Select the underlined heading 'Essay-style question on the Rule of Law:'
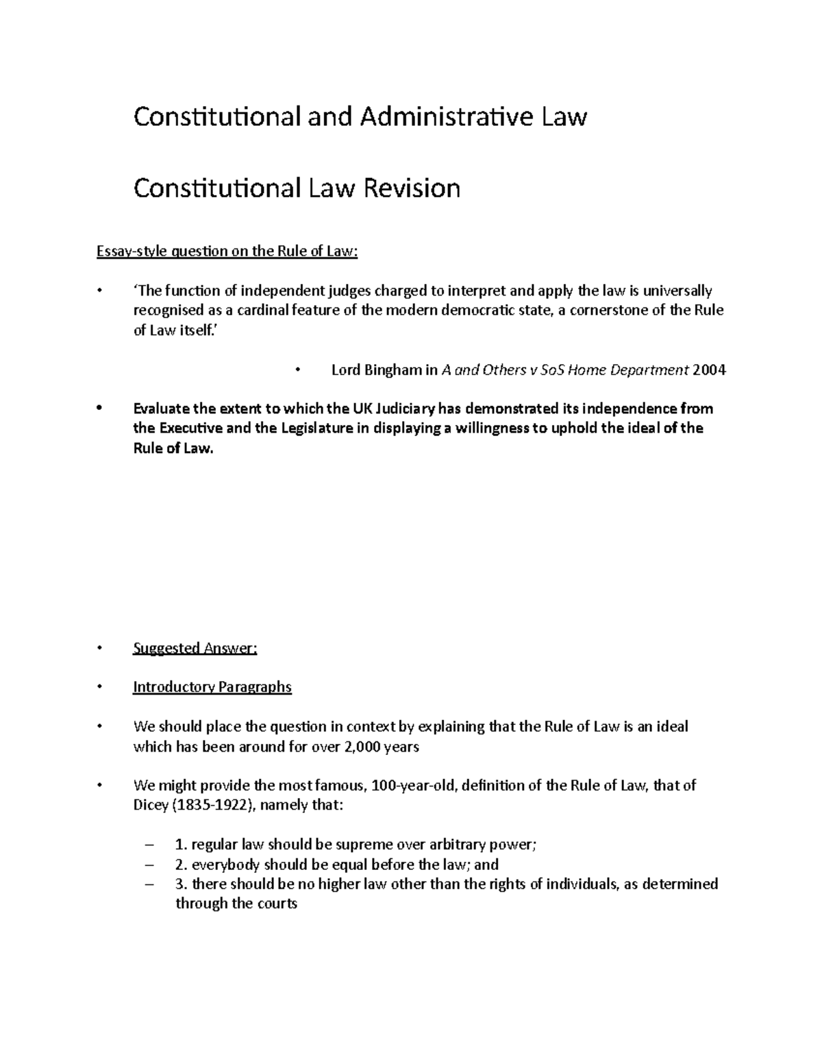pos(227,251)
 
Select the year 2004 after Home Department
pos(710,370)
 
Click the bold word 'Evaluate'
pos(161,409)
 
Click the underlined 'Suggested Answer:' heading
pos(195,648)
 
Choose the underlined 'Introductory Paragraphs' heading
pos(212,687)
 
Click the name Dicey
pos(150,805)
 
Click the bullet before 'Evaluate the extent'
pos(99,409)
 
